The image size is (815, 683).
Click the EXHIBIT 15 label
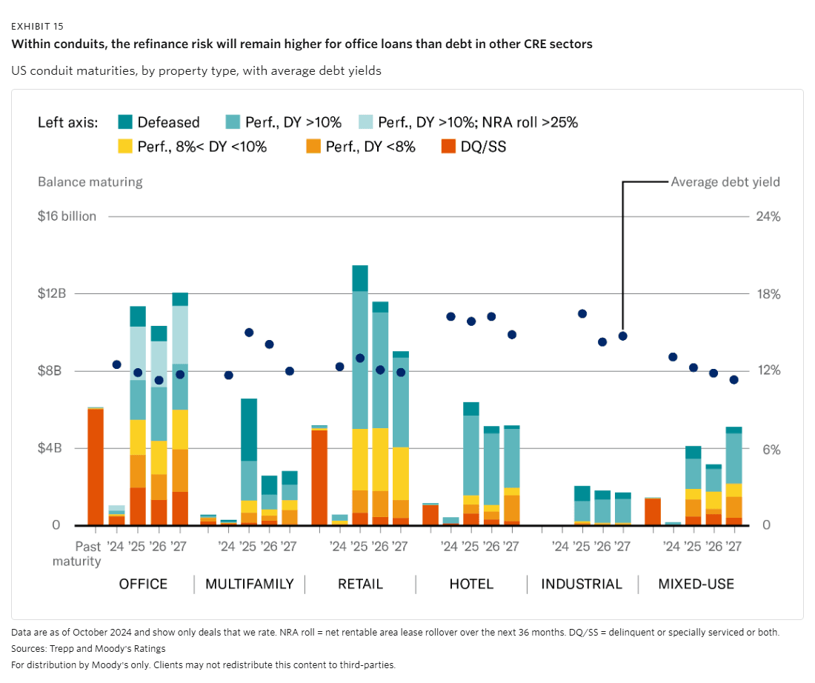click(x=37, y=26)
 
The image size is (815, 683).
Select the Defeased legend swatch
click(x=126, y=122)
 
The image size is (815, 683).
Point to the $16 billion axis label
click(x=67, y=216)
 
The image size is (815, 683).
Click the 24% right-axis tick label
click(x=768, y=216)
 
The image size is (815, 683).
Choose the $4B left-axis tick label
click(x=53, y=448)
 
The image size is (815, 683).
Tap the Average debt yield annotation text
click(x=725, y=181)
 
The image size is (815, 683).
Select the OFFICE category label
click(x=143, y=584)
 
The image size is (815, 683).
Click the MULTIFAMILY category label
click(x=249, y=584)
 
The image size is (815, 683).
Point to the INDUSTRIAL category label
click(x=582, y=584)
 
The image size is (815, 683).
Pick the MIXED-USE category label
click(x=696, y=584)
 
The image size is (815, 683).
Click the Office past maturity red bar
click(x=96, y=467)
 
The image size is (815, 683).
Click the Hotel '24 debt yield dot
click(x=450, y=316)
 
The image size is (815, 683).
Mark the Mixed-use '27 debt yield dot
click(x=734, y=380)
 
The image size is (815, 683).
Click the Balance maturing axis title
click(x=90, y=181)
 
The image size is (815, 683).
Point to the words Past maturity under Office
click(x=77, y=554)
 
